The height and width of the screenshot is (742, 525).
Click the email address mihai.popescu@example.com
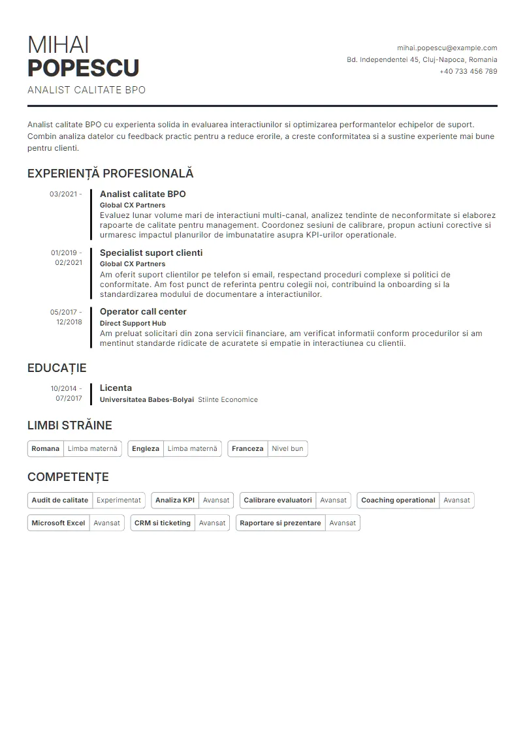pyautogui.click(x=447, y=48)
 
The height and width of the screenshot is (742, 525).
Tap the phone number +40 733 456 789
pyautogui.click(x=468, y=71)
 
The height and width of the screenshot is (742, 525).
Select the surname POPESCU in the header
pyautogui.click(x=84, y=68)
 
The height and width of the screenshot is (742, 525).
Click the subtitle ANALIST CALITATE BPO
pyautogui.click(x=86, y=90)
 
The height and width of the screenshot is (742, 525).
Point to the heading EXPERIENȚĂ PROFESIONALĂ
pyautogui.click(x=110, y=174)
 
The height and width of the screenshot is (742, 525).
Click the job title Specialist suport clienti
pyautogui.click(x=151, y=253)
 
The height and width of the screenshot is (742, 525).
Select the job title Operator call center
pyautogui.click(x=143, y=311)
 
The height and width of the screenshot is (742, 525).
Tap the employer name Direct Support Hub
pyautogui.click(x=133, y=323)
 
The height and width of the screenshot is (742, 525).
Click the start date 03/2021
pyautogui.click(x=63, y=194)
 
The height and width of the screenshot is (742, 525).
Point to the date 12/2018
pyautogui.click(x=69, y=322)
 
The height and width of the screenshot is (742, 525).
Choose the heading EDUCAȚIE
pyautogui.click(x=57, y=368)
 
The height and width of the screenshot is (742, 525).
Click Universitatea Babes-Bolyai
pyautogui.click(x=146, y=399)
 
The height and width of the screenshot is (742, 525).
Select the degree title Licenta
pyautogui.click(x=116, y=388)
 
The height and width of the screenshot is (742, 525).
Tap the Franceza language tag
pyautogui.click(x=247, y=448)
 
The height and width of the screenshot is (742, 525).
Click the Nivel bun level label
pyautogui.click(x=287, y=448)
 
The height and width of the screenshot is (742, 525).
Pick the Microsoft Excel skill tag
pyautogui.click(x=58, y=523)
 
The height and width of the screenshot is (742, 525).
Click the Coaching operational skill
pyautogui.click(x=398, y=500)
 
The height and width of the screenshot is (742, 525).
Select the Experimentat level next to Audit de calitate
pyautogui.click(x=119, y=500)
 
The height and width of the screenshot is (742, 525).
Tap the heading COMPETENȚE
pyautogui.click(x=68, y=477)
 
